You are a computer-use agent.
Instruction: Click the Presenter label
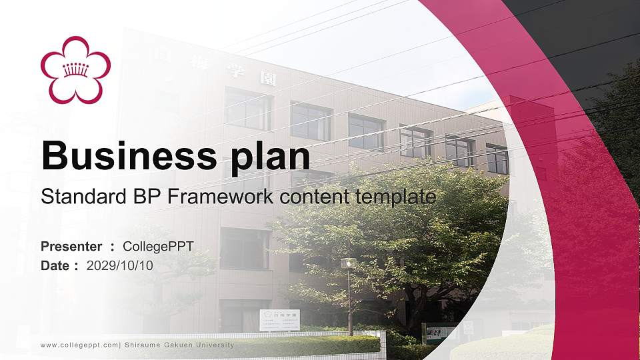pos(71,247)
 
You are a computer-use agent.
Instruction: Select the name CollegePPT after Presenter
pos(158,247)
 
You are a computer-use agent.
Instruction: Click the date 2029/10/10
pos(120,265)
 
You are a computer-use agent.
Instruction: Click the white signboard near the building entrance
pos(279,320)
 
